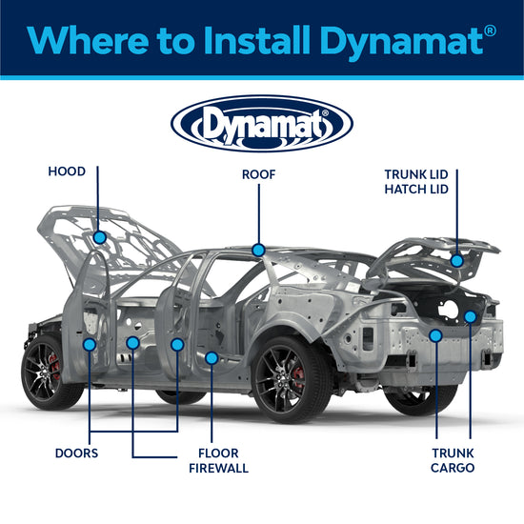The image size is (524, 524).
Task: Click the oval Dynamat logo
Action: pyautogui.click(x=262, y=124)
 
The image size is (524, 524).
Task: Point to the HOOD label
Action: pyautogui.click(x=67, y=172)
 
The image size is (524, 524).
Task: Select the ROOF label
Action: pyautogui.click(x=258, y=174)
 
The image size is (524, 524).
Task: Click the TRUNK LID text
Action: pyautogui.click(x=423, y=175)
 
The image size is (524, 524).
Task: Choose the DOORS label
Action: pyautogui.click(x=77, y=453)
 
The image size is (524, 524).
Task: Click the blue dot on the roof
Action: pyautogui.click(x=258, y=250)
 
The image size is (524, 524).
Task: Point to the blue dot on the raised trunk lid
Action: pyautogui.click(x=456, y=260)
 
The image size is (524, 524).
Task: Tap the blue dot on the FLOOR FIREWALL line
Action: pyautogui.click(x=212, y=357)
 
